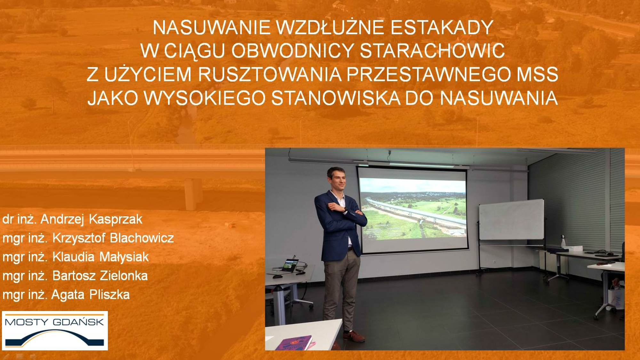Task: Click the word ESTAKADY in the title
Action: pyautogui.click(x=442, y=28)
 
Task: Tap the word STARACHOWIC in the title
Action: pyautogui.click(x=432, y=51)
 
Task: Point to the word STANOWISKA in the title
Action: pyautogui.click(x=336, y=98)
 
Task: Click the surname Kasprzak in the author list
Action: pyautogui.click(x=116, y=219)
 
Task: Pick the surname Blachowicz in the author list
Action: pyautogui.click(x=142, y=238)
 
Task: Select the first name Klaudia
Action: pyautogui.click(x=73, y=257)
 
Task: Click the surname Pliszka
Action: pyautogui.click(x=109, y=294)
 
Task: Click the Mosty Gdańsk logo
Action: pyautogui.click(x=55, y=331)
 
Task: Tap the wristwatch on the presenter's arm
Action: pyautogui.click(x=345, y=210)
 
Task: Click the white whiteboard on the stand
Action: pyautogui.click(x=511, y=220)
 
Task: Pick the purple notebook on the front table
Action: pyautogui.click(x=294, y=343)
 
